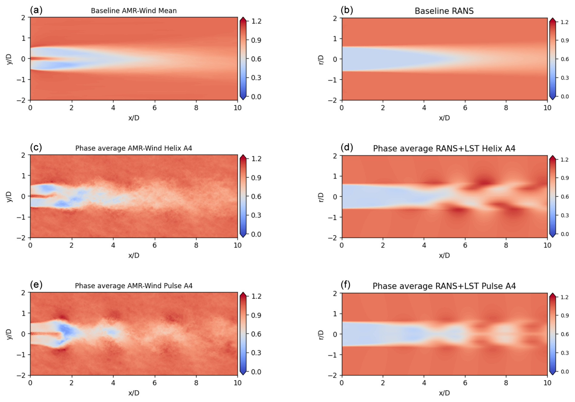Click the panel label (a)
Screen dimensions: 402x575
(36, 10)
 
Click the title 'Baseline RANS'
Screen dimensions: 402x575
(444, 11)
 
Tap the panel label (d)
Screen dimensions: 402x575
(347, 147)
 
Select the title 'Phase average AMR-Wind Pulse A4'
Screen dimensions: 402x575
(134, 286)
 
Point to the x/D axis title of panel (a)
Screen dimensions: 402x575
(134, 118)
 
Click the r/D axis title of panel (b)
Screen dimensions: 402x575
(321, 59)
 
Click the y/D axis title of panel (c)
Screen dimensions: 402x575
(9, 196)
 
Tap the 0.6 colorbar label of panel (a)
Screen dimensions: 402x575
(256, 59)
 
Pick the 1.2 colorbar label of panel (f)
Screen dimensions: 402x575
(564, 297)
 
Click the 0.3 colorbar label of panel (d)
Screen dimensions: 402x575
(564, 215)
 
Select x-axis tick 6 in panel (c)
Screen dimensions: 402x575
(155, 245)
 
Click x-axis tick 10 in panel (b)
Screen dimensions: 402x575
(547, 108)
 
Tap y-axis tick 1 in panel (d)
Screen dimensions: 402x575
(335, 176)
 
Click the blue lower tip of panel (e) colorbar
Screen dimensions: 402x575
(243, 372)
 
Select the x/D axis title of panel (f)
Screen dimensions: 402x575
(444, 393)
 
